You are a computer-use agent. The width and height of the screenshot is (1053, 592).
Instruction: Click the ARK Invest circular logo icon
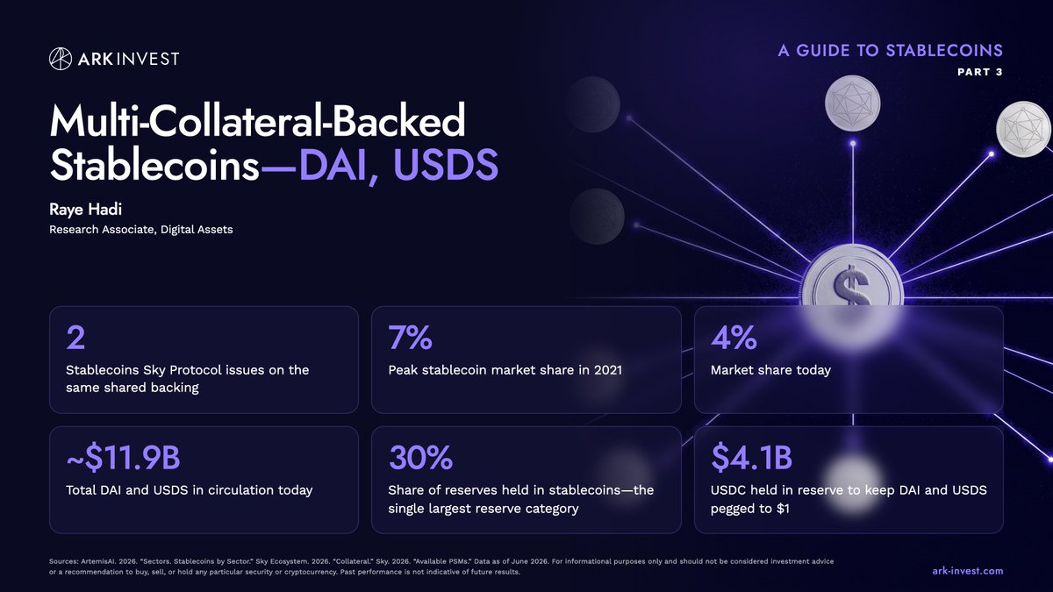(61, 59)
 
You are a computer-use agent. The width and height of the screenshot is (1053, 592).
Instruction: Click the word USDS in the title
(446, 165)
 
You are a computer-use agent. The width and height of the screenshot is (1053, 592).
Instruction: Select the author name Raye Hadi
(86, 210)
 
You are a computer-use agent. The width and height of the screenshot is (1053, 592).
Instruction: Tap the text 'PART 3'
(980, 72)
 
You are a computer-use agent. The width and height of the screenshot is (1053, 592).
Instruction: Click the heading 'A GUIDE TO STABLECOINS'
(891, 51)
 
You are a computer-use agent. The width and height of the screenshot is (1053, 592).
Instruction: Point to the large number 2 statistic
(75, 338)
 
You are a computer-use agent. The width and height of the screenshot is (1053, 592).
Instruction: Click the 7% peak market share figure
(410, 338)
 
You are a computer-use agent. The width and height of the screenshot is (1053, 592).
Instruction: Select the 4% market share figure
(734, 338)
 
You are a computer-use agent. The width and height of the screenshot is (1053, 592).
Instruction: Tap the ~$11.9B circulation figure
(123, 458)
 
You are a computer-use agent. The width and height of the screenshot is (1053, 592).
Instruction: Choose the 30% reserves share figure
(420, 458)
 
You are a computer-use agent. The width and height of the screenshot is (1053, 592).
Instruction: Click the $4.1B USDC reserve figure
(752, 458)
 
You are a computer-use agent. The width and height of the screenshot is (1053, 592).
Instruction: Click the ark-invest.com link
(967, 571)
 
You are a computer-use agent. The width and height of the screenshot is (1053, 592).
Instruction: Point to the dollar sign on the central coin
(851, 285)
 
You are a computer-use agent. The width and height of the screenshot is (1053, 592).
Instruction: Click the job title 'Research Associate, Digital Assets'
(141, 229)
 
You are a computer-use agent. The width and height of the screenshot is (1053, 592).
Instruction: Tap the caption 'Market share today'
(771, 370)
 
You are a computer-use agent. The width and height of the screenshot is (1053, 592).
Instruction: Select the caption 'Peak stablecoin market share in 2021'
(505, 370)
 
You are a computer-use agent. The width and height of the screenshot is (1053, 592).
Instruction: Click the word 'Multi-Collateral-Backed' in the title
(258, 120)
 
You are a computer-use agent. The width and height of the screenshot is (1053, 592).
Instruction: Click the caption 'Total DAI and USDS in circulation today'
(190, 490)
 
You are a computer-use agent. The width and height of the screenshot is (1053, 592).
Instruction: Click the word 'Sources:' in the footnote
(63, 561)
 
